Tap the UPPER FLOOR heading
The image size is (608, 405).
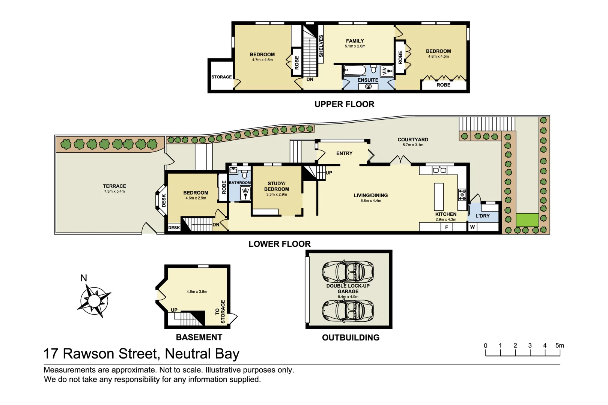tap(344, 104)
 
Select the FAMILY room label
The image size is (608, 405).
tap(355, 41)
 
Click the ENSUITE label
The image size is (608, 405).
tap(368, 80)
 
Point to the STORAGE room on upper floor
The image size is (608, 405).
tap(221, 77)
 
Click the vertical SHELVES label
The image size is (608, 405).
tap(321, 46)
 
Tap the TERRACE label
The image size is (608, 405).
tap(114, 186)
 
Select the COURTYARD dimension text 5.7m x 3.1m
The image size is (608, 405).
tap(413, 145)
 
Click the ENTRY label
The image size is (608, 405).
tap(344, 153)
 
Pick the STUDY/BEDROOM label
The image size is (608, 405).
tap(277, 186)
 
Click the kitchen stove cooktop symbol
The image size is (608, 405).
tap(462, 195)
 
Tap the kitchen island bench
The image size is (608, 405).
tap(439, 197)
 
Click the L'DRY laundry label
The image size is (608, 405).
tap(482, 216)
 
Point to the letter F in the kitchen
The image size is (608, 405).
tap(447, 227)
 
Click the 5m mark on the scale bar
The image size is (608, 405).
tap(559, 346)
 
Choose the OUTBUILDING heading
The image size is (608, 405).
tap(351, 337)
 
